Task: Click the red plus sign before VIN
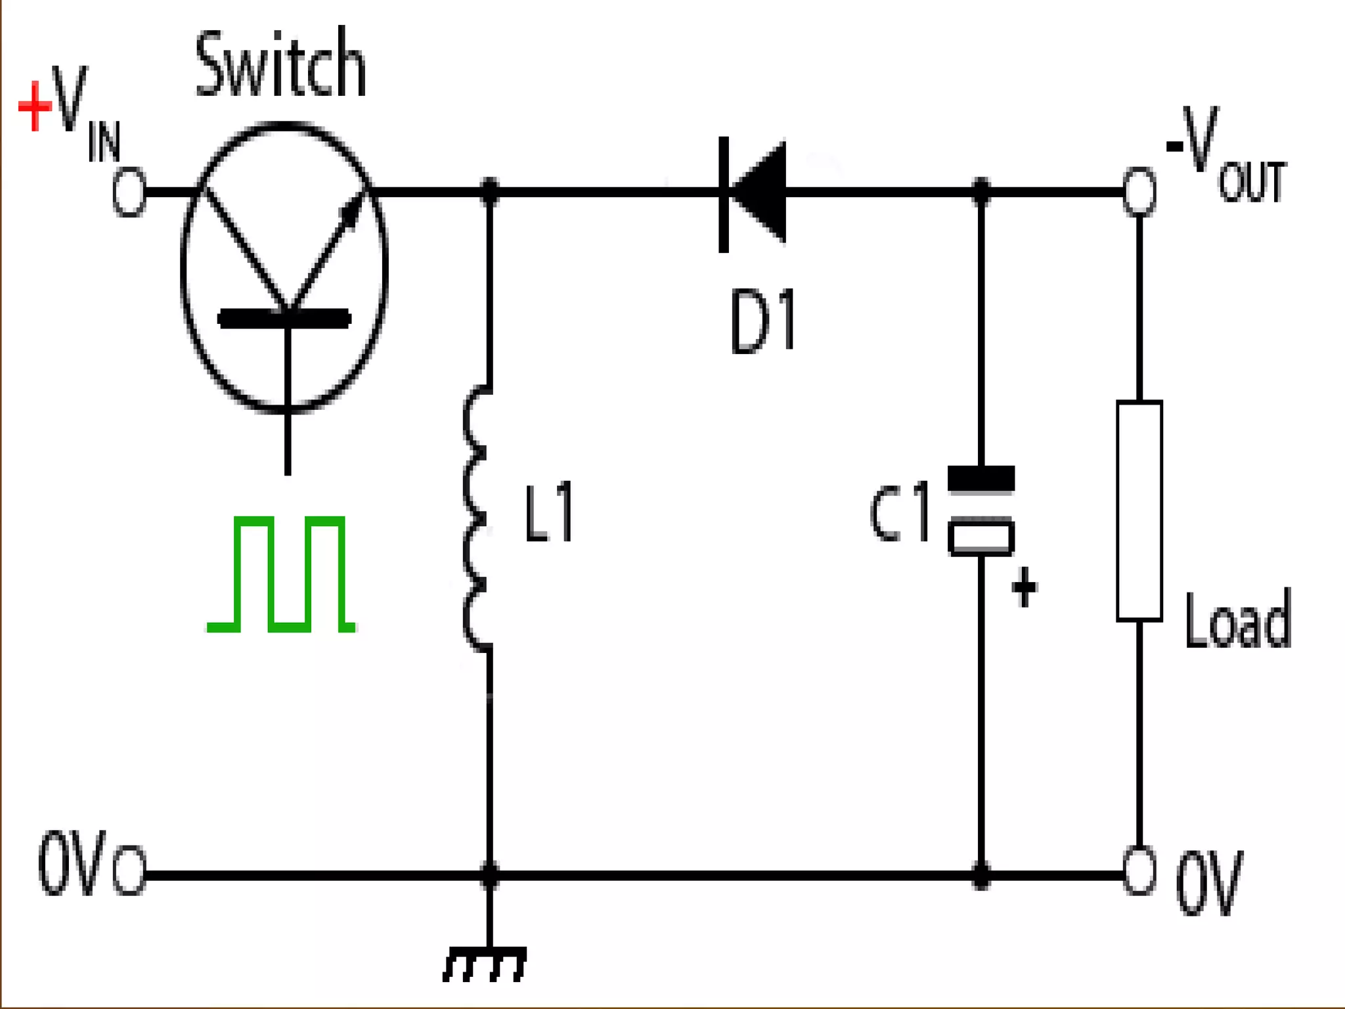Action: click(x=35, y=106)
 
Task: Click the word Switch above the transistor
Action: click(x=280, y=65)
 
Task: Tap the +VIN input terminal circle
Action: click(x=129, y=192)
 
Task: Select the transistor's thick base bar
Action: click(x=284, y=319)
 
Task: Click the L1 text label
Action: click(x=549, y=512)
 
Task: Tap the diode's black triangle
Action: click(x=762, y=192)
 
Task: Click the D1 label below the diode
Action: click(x=763, y=322)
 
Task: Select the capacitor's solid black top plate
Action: click(x=981, y=478)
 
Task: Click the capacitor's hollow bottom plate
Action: click(x=981, y=539)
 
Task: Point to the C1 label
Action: click(x=900, y=512)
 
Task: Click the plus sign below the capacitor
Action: click(x=1024, y=587)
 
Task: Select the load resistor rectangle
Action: click(x=1139, y=511)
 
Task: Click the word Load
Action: click(x=1237, y=620)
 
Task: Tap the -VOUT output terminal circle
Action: click(x=1139, y=192)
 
